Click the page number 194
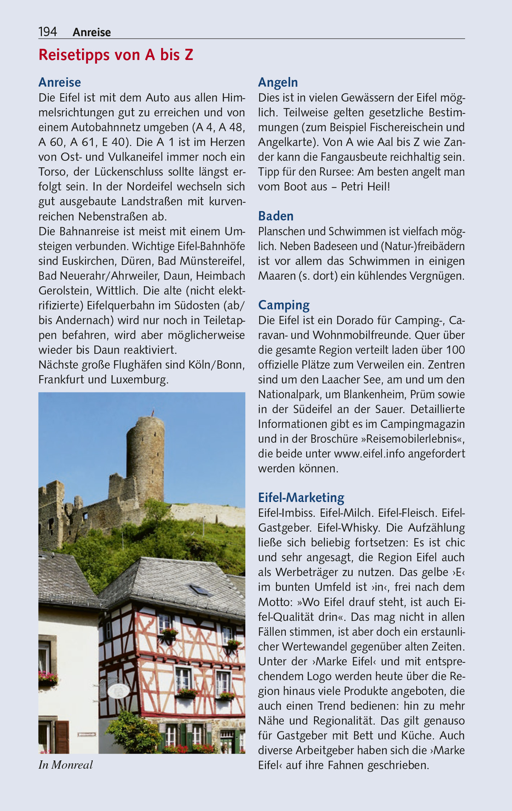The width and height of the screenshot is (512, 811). point(48,32)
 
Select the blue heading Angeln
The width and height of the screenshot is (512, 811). point(278,83)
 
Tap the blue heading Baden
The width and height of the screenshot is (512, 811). point(276,216)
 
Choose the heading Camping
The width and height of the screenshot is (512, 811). point(284,305)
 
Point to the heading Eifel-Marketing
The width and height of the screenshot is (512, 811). point(301,498)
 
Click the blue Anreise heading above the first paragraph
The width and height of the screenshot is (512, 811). point(60,82)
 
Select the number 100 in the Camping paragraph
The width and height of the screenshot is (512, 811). point(455,350)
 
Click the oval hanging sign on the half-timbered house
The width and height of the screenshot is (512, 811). point(119,691)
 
